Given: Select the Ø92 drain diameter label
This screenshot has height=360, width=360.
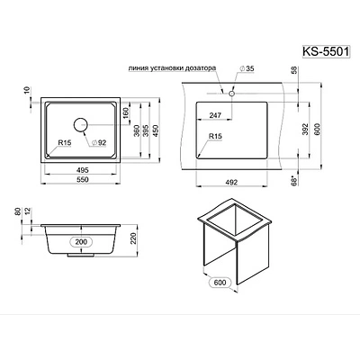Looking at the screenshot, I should tap(99, 143).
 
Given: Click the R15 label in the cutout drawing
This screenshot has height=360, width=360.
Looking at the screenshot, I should tap(214, 137).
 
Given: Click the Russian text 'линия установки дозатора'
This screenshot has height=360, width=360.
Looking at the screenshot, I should tap(177, 68).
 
